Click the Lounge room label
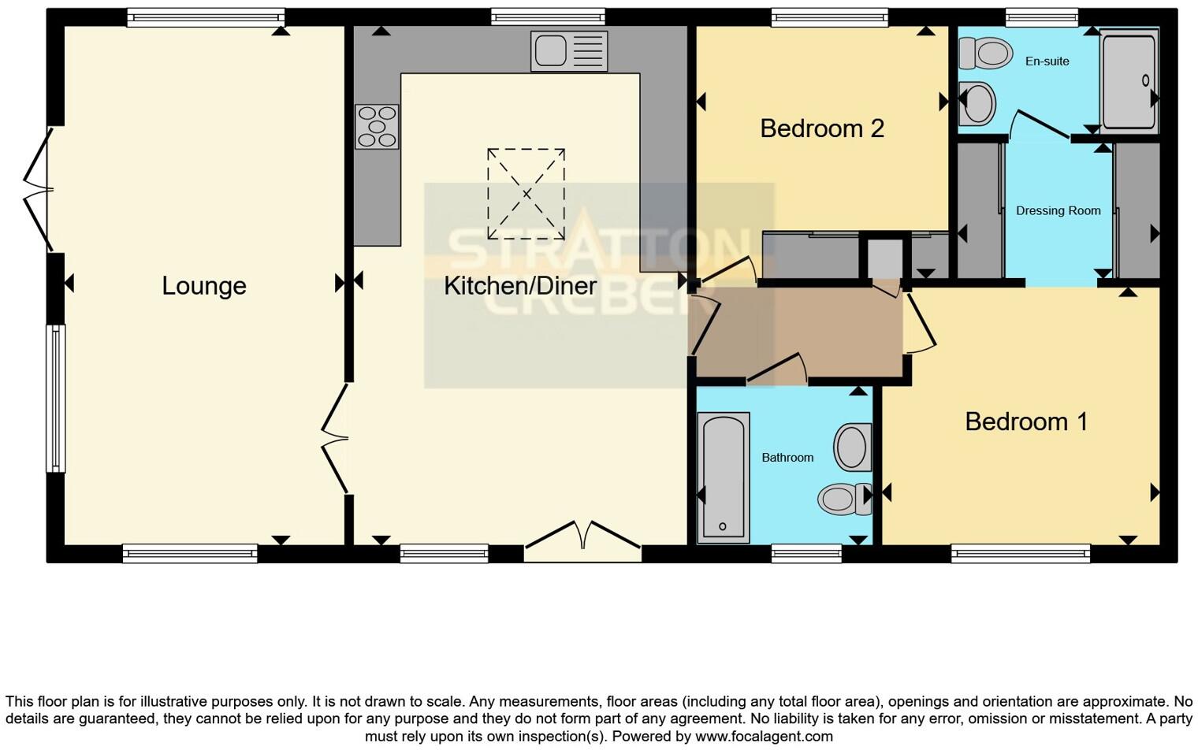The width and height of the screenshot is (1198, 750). tap(204, 285)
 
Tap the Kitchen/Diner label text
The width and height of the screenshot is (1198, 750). tap(519, 285)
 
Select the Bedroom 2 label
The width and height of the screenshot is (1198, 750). tap(822, 128)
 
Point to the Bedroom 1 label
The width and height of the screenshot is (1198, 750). tap(1026, 421)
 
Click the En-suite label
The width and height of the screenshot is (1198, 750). tap(1047, 61)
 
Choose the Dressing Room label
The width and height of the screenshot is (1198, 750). tap(1058, 210)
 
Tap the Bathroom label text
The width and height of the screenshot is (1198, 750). tap(787, 457)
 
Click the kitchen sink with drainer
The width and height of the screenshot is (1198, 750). tap(569, 51)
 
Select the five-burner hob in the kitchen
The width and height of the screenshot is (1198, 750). tap(377, 127)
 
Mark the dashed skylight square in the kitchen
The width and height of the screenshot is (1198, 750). tap(526, 194)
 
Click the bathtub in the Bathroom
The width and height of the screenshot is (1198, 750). tap(724, 477)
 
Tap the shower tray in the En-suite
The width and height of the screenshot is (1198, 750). tap(1129, 80)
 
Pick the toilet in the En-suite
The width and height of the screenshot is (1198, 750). tap(986, 54)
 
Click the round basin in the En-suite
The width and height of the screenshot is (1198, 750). tap(978, 103)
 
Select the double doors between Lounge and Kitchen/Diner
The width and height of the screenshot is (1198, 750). tap(334, 438)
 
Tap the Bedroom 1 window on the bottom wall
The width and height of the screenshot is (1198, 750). tap(1020, 554)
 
